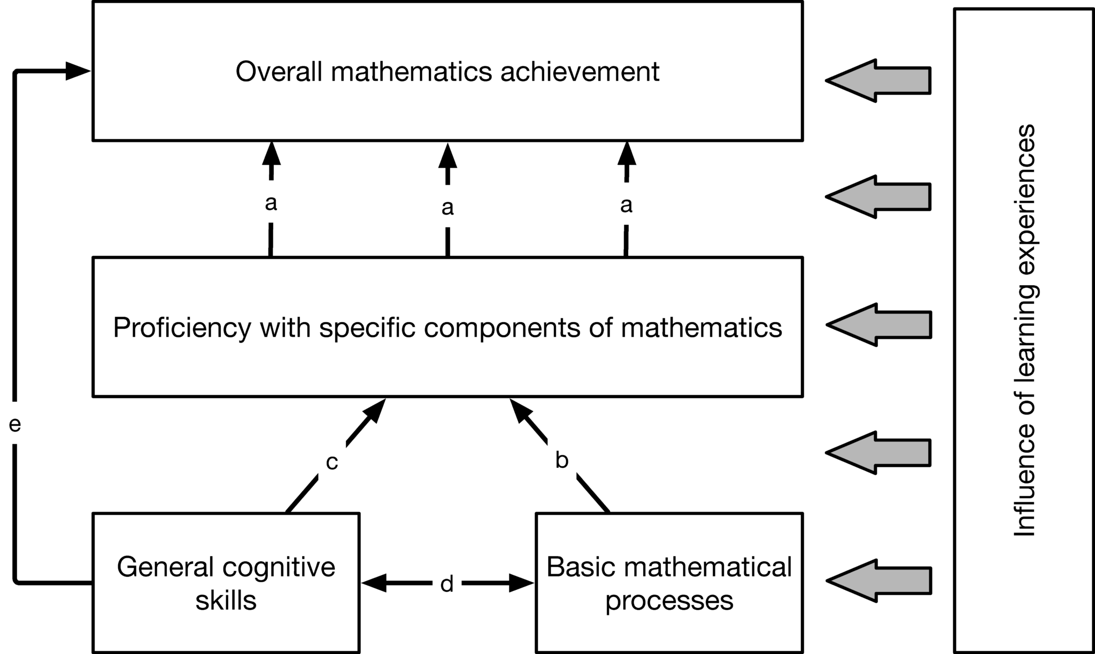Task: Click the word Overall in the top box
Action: tap(279, 72)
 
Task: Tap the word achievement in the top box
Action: tap(580, 72)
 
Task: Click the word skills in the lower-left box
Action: tap(226, 600)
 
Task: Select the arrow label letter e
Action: tap(15, 425)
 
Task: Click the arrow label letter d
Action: tap(447, 584)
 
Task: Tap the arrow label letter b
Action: tap(561, 460)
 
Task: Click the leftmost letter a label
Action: tap(271, 203)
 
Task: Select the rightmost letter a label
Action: tap(626, 205)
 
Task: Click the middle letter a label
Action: tap(448, 208)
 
